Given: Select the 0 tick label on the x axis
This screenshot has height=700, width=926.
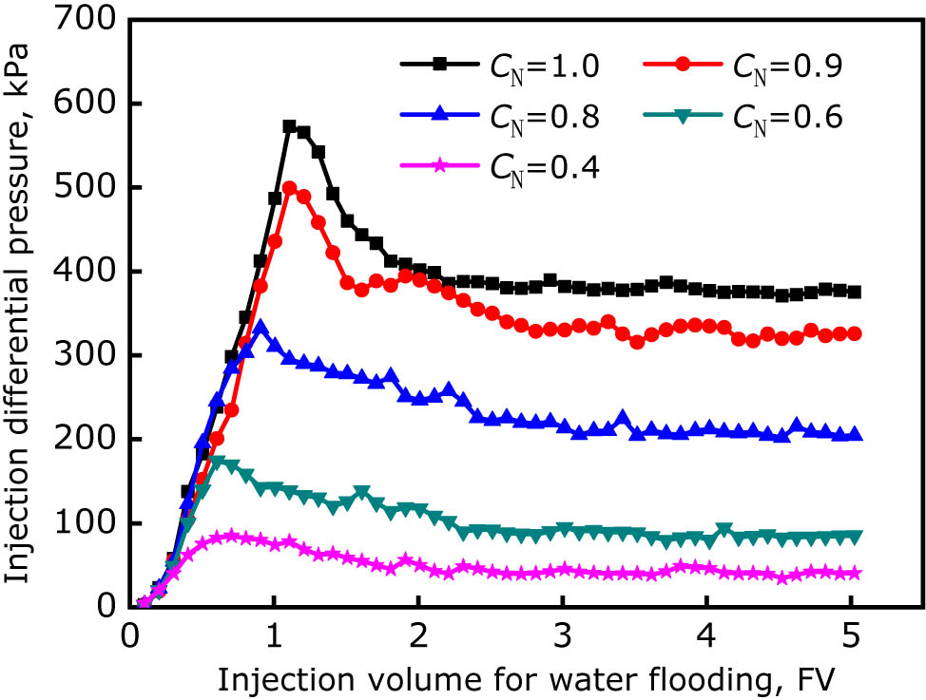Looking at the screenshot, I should (130, 634).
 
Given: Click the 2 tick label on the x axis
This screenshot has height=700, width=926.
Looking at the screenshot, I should (418, 634).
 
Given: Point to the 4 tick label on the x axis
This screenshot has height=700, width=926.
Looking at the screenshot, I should (706, 634).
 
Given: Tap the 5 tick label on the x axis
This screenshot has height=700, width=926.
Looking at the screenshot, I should (851, 634).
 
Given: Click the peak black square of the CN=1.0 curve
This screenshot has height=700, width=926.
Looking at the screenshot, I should (289, 126).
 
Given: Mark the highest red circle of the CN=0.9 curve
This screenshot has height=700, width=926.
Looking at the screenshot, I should (289, 188).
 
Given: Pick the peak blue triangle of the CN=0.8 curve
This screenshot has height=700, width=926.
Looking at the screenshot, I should (260, 328).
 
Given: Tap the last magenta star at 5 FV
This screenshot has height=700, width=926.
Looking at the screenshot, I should (854, 574).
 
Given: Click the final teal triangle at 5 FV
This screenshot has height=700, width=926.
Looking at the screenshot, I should (854, 537).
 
